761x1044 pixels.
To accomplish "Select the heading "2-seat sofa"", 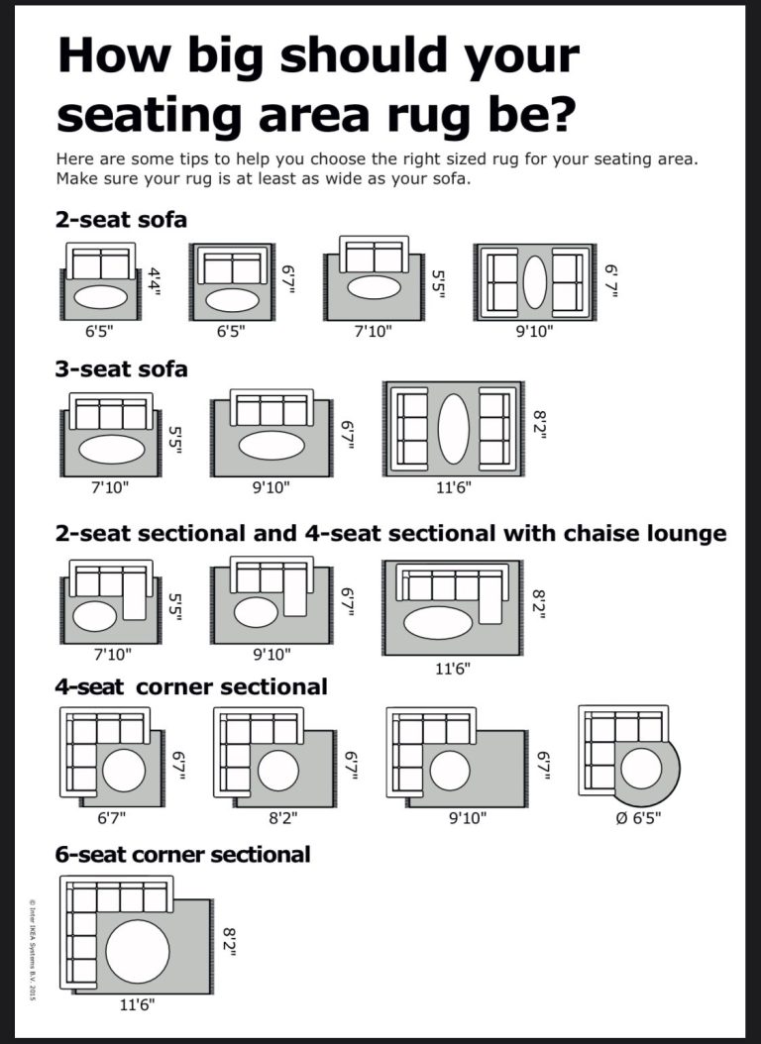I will point(121,219).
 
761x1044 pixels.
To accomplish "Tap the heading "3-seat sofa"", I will point(121,369).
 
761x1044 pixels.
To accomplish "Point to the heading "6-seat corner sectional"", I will point(183,853).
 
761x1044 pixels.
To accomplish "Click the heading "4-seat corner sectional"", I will point(191,685).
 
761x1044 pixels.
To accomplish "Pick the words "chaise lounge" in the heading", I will point(644,533).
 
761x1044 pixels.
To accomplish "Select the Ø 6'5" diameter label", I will point(638,818).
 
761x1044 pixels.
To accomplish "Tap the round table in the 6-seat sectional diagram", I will point(139,949).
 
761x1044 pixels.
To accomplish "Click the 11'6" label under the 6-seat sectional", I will point(137,1004).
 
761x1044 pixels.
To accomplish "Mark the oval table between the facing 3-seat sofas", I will point(453,429).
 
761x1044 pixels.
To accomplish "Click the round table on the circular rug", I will point(641,769).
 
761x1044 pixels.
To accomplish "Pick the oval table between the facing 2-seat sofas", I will point(534,282).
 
